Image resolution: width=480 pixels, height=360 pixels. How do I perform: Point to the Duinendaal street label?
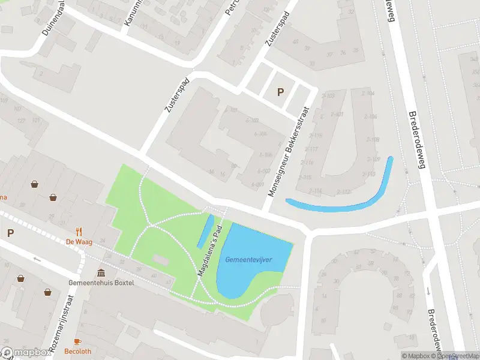click(53, 17)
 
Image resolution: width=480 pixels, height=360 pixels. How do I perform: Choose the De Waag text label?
click(78, 242)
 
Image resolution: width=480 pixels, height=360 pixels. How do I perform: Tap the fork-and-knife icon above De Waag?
click(78, 232)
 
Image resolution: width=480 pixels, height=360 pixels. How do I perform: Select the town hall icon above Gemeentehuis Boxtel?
click(101, 273)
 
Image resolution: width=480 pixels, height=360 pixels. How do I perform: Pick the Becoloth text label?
click(78, 352)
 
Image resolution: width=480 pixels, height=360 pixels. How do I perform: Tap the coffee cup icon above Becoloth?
click(78, 341)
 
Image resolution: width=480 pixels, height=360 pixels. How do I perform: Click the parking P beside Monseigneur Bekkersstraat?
click(280, 92)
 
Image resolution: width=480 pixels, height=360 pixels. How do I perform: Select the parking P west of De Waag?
click(10, 233)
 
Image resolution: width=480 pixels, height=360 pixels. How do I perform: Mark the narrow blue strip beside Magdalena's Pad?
click(205, 231)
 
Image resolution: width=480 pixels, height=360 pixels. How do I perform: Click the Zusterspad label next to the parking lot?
click(277, 33)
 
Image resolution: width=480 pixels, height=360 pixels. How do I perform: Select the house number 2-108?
click(372, 140)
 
